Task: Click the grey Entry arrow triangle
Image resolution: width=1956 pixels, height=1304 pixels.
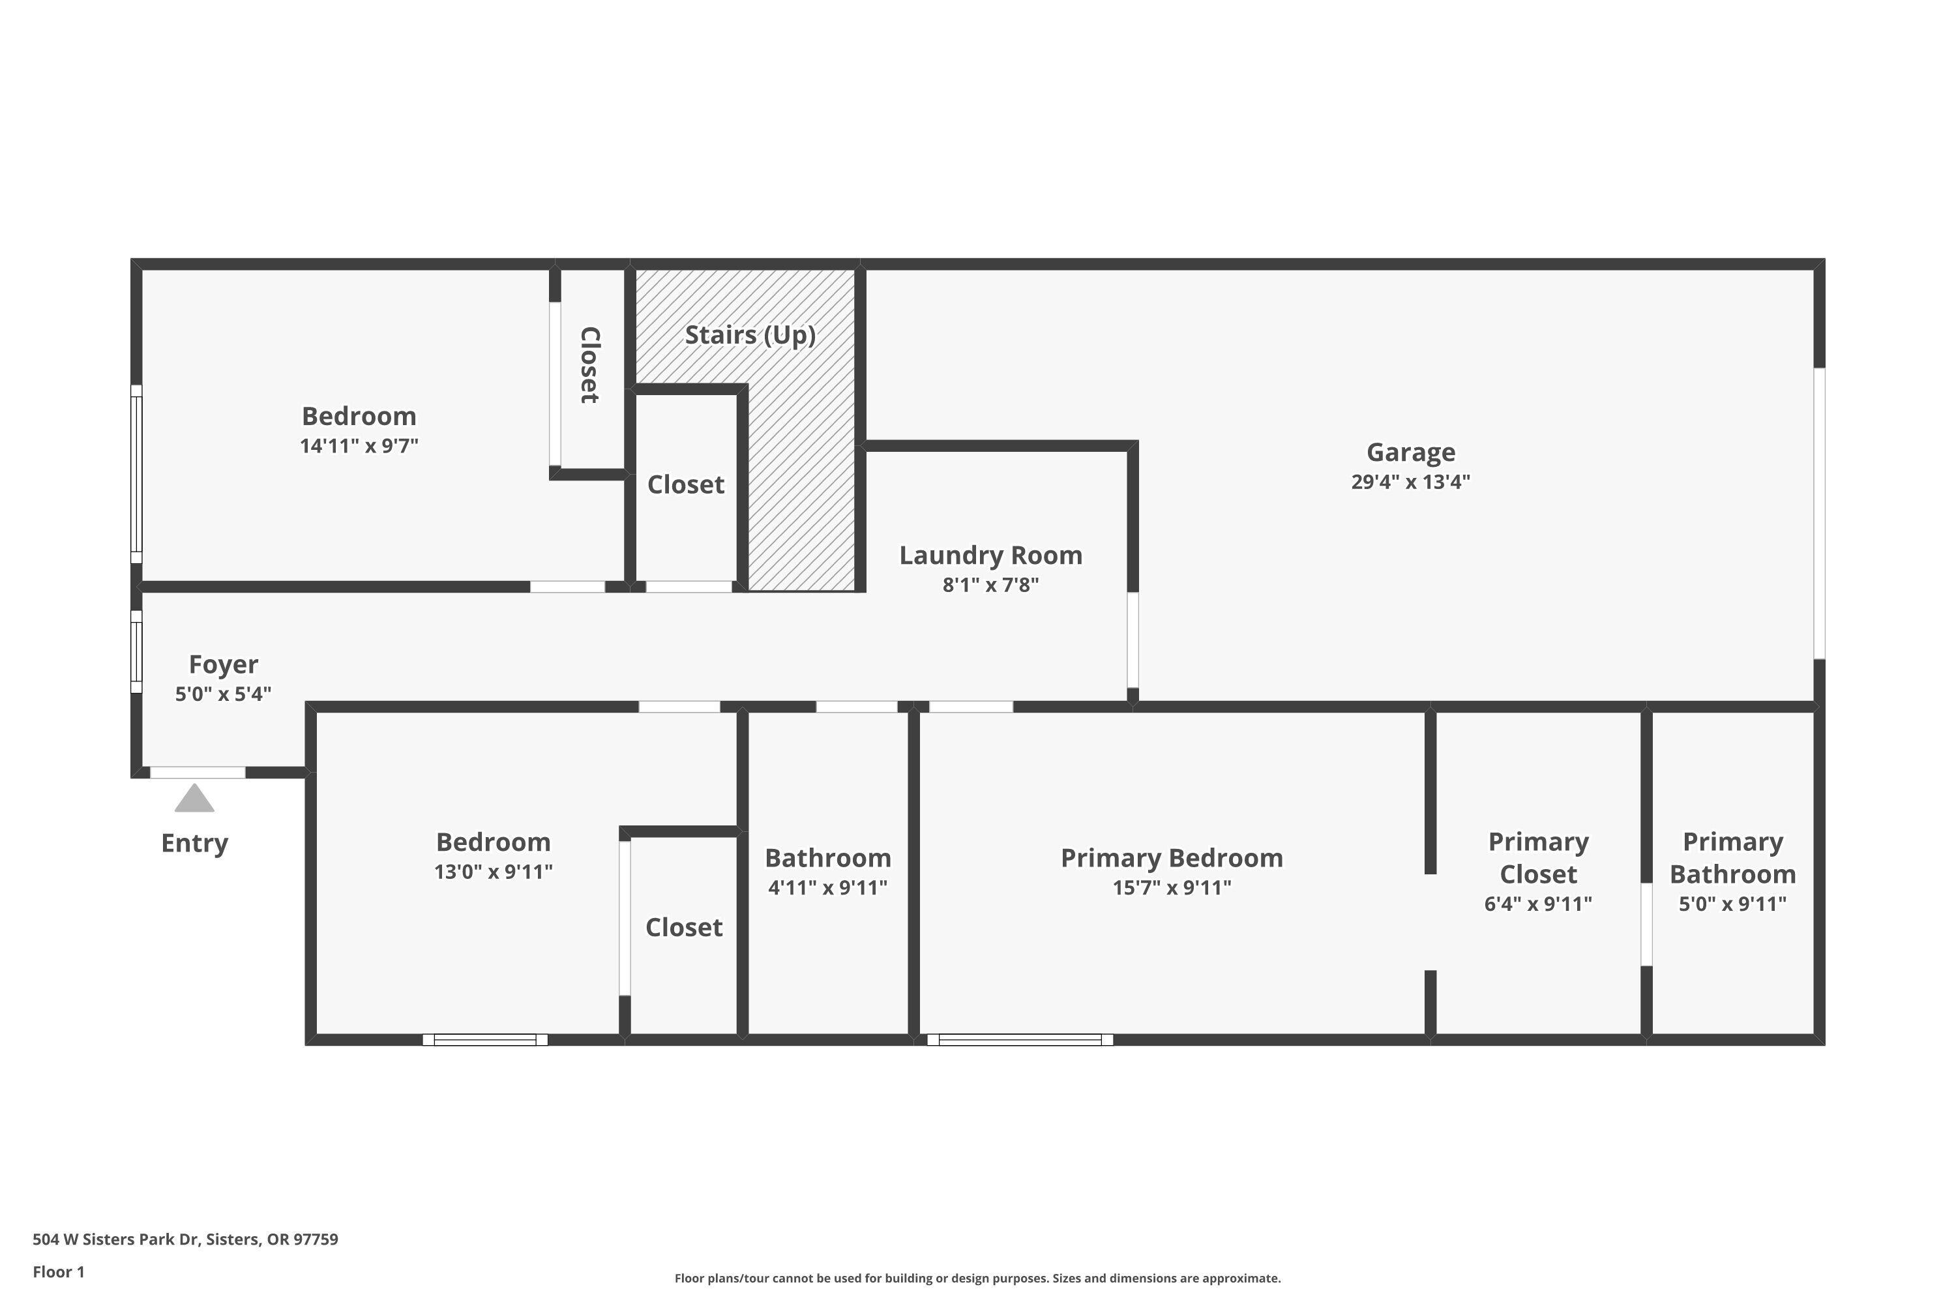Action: tap(194, 799)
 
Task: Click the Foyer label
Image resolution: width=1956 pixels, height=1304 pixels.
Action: tap(223, 664)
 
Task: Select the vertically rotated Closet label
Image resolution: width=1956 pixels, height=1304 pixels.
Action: tap(589, 365)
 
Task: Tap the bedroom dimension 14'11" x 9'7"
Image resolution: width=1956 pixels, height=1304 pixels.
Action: tap(359, 446)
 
